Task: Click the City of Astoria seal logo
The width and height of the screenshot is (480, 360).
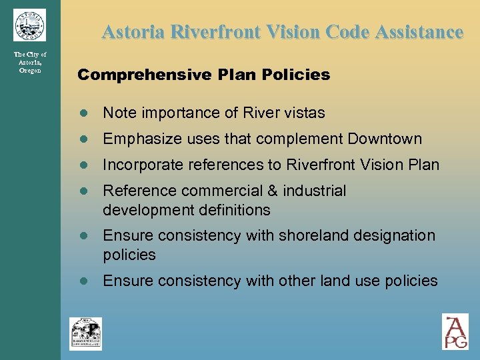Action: (x=29, y=25)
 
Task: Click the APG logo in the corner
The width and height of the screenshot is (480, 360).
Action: (x=455, y=331)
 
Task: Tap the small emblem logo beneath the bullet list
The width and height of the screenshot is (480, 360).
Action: (x=85, y=333)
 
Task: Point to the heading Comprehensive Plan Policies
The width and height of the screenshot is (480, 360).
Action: (x=203, y=75)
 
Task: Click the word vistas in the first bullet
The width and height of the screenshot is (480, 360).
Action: (x=305, y=113)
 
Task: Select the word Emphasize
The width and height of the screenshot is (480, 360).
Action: (x=137, y=139)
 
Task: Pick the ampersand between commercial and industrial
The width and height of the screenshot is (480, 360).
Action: (x=271, y=191)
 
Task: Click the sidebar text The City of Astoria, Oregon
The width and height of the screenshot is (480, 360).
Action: (x=30, y=62)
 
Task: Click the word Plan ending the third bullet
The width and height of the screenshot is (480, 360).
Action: (x=425, y=165)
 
